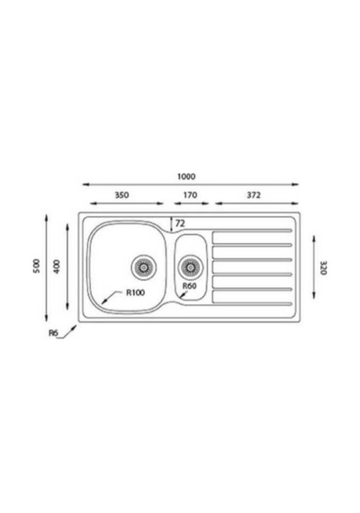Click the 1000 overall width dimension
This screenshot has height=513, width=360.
coord(186,176)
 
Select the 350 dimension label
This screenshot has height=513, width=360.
coord(121,195)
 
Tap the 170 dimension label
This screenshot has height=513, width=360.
coord(190,195)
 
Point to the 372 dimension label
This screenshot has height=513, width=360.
coord(254,195)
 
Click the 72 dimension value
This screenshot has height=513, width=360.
coord(180,223)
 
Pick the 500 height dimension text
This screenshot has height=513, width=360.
coord(36,266)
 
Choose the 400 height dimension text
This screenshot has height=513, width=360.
coord(57,266)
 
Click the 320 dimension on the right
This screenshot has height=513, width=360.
coord(323,267)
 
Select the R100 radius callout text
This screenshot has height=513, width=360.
coord(136,292)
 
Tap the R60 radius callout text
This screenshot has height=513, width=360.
coord(190,286)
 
